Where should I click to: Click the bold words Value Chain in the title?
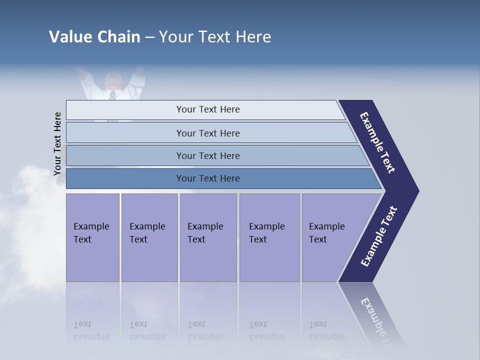94,37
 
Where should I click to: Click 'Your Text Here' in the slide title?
215,37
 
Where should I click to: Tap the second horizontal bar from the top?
207,133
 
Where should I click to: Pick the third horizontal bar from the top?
207,155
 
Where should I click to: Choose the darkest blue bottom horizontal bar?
207,178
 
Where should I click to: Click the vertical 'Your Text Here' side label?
58,144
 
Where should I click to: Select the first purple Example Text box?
92,237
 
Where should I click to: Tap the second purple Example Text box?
149,237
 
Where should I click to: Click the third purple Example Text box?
208,237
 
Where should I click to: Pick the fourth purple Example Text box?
269,237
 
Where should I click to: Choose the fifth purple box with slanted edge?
330,237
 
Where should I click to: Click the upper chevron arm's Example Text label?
377,142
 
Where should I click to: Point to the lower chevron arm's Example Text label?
379,236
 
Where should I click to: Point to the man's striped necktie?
112,95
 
